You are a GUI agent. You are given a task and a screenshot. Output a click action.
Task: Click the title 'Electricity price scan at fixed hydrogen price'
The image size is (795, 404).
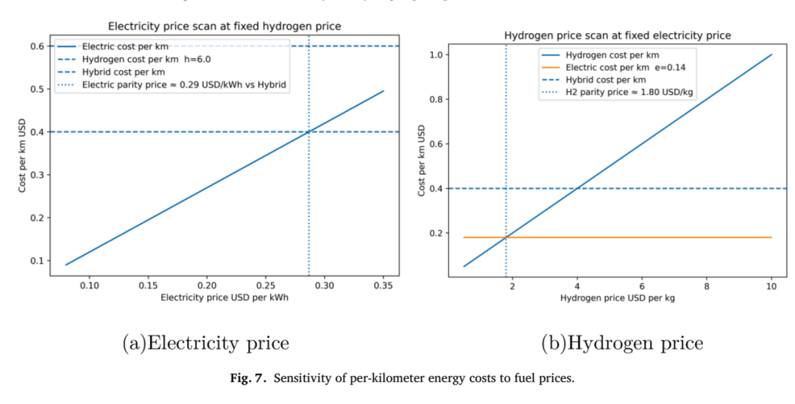point(225,26)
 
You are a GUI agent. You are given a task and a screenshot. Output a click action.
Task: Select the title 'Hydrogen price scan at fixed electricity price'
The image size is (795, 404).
point(618,35)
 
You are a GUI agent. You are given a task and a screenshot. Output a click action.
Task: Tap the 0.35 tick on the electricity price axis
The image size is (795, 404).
point(384,286)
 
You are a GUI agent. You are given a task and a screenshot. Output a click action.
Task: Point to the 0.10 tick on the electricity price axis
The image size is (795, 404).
point(89,286)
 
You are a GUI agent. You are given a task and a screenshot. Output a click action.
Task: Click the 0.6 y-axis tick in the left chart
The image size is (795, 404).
point(38,46)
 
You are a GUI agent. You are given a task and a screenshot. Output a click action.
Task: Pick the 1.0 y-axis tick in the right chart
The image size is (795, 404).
point(437,55)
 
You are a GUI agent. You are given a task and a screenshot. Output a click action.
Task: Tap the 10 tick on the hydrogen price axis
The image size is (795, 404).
point(771,287)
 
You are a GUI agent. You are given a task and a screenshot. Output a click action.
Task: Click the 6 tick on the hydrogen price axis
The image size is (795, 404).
point(642,287)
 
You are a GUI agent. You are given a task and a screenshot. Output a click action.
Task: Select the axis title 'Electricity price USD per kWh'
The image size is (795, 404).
point(225,297)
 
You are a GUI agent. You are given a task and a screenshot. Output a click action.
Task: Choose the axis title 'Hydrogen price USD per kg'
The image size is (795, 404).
point(618,299)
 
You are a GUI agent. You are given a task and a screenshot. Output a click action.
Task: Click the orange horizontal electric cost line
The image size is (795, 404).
point(618,237)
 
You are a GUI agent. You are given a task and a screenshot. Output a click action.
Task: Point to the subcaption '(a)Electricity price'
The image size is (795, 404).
point(206,343)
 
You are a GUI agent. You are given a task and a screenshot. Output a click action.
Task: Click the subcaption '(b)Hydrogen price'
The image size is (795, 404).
point(622,343)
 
